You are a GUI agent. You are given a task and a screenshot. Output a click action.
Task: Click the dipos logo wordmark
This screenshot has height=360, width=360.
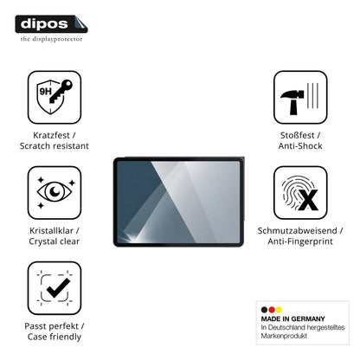pos(44,24)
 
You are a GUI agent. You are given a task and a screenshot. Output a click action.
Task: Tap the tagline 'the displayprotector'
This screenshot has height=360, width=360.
pos(51,39)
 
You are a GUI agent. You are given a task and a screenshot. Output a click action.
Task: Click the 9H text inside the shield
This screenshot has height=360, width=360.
pos(45,92)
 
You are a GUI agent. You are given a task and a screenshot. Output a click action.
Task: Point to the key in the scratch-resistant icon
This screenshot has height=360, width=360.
pos(61,91)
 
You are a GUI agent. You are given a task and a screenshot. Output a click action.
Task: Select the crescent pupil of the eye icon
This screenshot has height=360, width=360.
pos(55,191)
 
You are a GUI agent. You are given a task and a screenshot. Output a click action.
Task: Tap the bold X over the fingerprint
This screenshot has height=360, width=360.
pos(308,200)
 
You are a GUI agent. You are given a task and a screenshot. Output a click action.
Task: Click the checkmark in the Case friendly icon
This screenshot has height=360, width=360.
pos(58,288)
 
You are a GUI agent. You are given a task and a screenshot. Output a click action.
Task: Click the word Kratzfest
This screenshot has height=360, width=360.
pos(51,135)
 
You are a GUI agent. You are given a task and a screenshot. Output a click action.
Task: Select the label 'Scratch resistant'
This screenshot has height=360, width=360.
pos(55,146)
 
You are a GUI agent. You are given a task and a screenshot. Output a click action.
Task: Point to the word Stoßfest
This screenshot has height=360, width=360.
pos(297,135)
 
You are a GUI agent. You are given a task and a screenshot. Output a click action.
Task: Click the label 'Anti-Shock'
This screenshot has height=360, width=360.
pos(300,146)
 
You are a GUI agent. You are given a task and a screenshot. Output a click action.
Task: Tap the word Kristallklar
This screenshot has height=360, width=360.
pos(51,230)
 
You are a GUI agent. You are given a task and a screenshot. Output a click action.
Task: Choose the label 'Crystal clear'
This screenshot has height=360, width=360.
pos(55,241)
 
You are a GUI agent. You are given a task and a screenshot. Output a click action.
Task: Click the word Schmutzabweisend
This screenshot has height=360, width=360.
pos(297,230)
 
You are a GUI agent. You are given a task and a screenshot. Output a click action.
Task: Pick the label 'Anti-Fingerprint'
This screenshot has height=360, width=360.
pos(300,241)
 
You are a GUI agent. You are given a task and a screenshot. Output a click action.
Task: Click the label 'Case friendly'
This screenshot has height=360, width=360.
pos(55,337)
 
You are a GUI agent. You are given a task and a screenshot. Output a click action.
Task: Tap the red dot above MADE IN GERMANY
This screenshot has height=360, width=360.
pos(272,310)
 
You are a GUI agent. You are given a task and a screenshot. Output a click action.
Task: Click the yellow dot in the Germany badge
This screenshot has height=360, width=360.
pos(279,310)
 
